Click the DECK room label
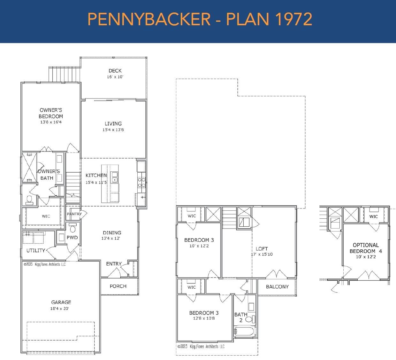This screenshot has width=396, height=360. [x=115, y=71]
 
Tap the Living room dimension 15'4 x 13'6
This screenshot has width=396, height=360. [x=113, y=130]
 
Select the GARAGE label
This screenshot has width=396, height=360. [x=61, y=302]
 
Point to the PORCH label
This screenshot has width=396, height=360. [x=118, y=286]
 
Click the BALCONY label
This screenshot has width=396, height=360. [x=277, y=287]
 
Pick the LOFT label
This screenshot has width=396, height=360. [x=262, y=249]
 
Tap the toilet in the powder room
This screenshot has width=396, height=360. [x=72, y=228]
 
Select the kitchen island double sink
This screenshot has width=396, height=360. [x=115, y=177]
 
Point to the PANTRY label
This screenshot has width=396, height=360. [x=74, y=214]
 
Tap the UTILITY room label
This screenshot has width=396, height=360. [x=36, y=250]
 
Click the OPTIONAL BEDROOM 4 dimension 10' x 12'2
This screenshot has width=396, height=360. [x=366, y=257]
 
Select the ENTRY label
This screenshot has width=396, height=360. [x=114, y=264]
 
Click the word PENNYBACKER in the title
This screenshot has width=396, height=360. [x=149, y=19]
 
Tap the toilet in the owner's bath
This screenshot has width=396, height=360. [x=29, y=200]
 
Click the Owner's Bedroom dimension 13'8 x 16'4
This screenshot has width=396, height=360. [x=51, y=122]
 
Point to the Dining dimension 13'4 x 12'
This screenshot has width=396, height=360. [x=111, y=238]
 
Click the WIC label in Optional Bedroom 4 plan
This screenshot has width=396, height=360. [x=374, y=216]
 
